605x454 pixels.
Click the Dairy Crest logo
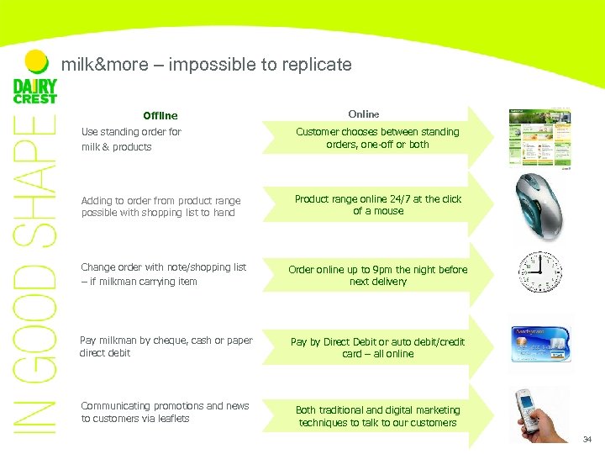pyautogui.click(x=34, y=90)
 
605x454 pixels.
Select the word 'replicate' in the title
pyautogui.click(x=321, y=64)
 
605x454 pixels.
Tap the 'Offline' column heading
pyautogui.click(x=160, y=115)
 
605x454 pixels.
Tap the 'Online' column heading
pyautogui.click(x=363, y=113)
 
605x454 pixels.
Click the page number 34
pyautogui.click(x=587, y=439)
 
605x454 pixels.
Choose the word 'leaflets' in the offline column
pyautogui.click(x=171, y=419)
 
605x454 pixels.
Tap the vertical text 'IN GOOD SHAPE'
pyautogui.click(x=34, y=277)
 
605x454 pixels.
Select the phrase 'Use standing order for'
pyautogui.click(x=131, y=132)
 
